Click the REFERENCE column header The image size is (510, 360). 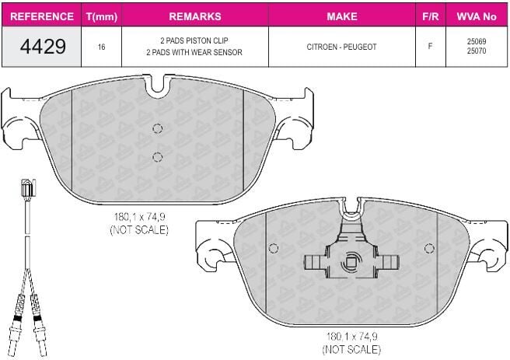tap(42, 16)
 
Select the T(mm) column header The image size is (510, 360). tap(102, 16)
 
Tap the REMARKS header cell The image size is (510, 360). tap(195, 16)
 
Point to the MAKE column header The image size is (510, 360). tap(342, 16)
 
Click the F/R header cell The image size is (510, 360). tap(431, 16)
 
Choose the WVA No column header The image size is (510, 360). tap(477, 16)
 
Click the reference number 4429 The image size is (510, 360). tap(43, 46)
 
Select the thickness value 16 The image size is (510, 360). tap(102, 47)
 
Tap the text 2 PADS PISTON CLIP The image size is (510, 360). tap(194, 40)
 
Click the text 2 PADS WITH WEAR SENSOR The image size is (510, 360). tap(194, 52)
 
